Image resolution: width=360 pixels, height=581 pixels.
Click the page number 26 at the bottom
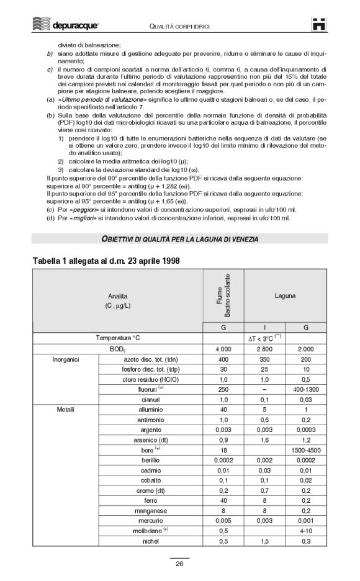[179, 564]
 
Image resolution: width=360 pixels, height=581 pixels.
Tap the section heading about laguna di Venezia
[179, 239]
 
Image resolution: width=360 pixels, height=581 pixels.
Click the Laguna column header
[285, 296]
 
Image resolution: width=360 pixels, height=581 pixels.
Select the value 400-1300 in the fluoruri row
[305, 390]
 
